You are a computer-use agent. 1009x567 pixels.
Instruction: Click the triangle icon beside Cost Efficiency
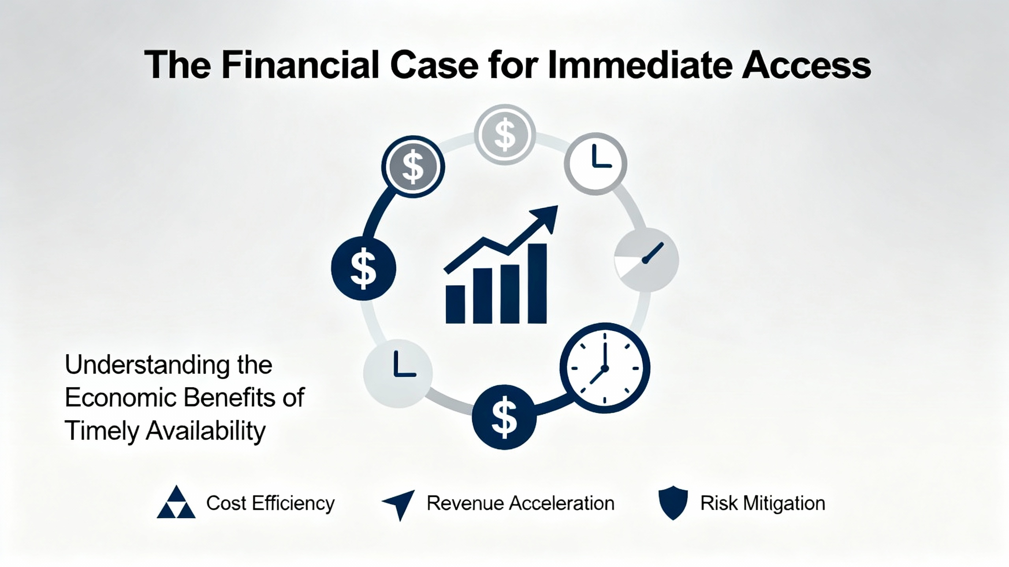[176, 502]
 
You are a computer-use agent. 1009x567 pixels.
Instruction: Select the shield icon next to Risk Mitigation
[673, 502]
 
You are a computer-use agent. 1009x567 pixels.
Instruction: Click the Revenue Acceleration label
[521, 503]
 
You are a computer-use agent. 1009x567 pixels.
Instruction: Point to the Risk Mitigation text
[763, 503]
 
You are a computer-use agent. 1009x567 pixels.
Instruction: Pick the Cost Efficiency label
[270, 504]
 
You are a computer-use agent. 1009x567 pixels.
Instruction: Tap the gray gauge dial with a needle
[646, 259]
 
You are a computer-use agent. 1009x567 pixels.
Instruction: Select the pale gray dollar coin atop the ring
[505, 135]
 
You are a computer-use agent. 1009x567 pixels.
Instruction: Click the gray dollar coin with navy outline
[413, 167]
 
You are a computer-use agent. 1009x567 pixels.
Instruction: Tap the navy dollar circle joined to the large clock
[504, 417]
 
